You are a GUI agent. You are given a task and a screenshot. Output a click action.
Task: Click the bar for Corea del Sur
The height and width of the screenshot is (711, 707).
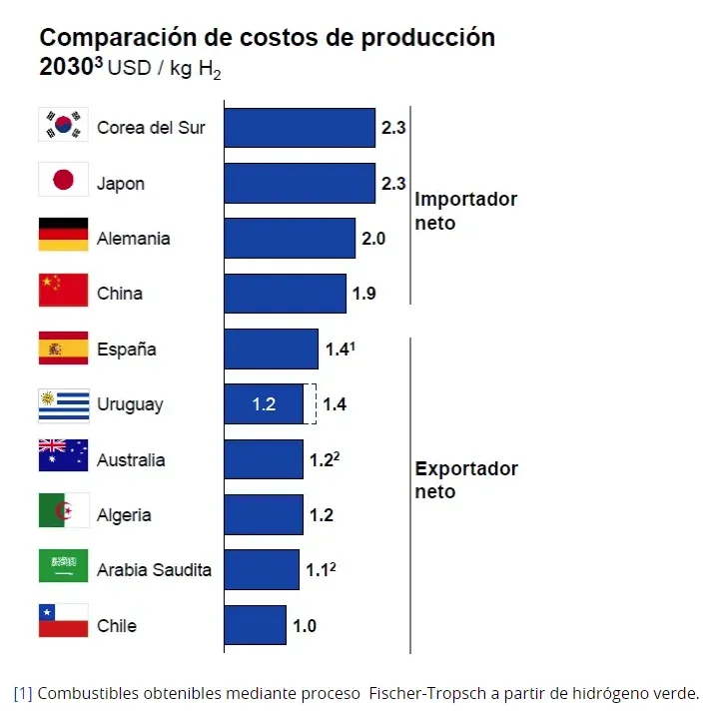tap(299, 128)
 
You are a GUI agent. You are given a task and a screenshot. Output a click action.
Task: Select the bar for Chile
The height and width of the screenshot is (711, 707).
tap(255, 625)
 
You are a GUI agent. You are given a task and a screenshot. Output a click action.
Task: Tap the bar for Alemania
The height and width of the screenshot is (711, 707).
tap(289, 239)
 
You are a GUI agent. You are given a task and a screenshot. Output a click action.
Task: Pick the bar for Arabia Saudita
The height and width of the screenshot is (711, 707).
tap(261, 569)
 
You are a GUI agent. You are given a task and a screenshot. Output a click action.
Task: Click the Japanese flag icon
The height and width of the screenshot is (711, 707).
tap(63, 180)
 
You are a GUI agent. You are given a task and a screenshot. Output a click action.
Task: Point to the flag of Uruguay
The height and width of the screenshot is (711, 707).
tap(63, 404)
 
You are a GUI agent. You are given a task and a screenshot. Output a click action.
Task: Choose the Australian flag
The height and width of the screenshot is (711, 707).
tap(63, 456)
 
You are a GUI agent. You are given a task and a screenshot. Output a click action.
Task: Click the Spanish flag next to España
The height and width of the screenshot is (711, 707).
tap(63, 349)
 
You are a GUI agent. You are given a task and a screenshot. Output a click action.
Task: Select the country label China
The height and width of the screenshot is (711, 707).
tap(120, 294)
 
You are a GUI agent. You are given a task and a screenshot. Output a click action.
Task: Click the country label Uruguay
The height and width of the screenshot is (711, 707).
tap(130, 404)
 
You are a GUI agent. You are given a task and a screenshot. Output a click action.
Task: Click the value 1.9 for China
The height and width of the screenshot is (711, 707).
tap(364, 294)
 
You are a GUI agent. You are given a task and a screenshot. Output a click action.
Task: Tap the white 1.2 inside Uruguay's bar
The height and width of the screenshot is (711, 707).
tap(264, 404)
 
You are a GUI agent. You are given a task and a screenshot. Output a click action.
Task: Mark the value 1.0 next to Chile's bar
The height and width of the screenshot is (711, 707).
tap(305, 626)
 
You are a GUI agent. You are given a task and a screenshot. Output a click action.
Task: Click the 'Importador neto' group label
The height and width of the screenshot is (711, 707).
tap(465, 211)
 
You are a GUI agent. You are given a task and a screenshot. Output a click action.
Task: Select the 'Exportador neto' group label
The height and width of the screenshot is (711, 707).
tap(465, 480)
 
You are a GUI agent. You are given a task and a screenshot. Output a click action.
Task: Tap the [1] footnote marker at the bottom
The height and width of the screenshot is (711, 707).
tap(23, 692)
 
